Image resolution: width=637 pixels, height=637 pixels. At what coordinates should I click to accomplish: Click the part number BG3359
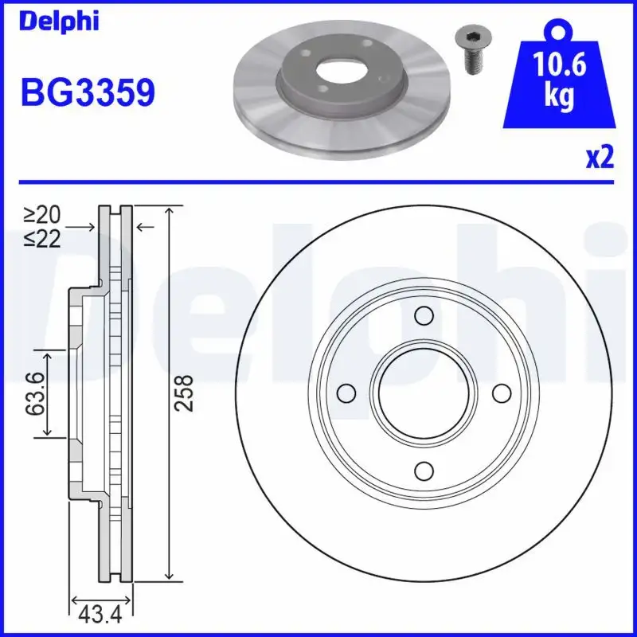point(87,94)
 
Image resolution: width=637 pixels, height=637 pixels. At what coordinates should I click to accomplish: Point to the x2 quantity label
point(600,158)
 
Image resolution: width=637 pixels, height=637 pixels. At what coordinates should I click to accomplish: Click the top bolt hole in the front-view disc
point(424,316)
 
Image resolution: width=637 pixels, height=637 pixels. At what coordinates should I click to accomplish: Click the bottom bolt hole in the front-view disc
point(424,471)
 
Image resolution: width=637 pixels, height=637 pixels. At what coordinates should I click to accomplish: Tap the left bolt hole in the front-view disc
point(346,393)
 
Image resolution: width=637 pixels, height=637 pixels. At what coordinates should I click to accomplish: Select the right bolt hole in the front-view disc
point(502,393)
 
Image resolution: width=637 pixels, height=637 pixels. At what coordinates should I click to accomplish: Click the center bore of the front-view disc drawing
point(424,393)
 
